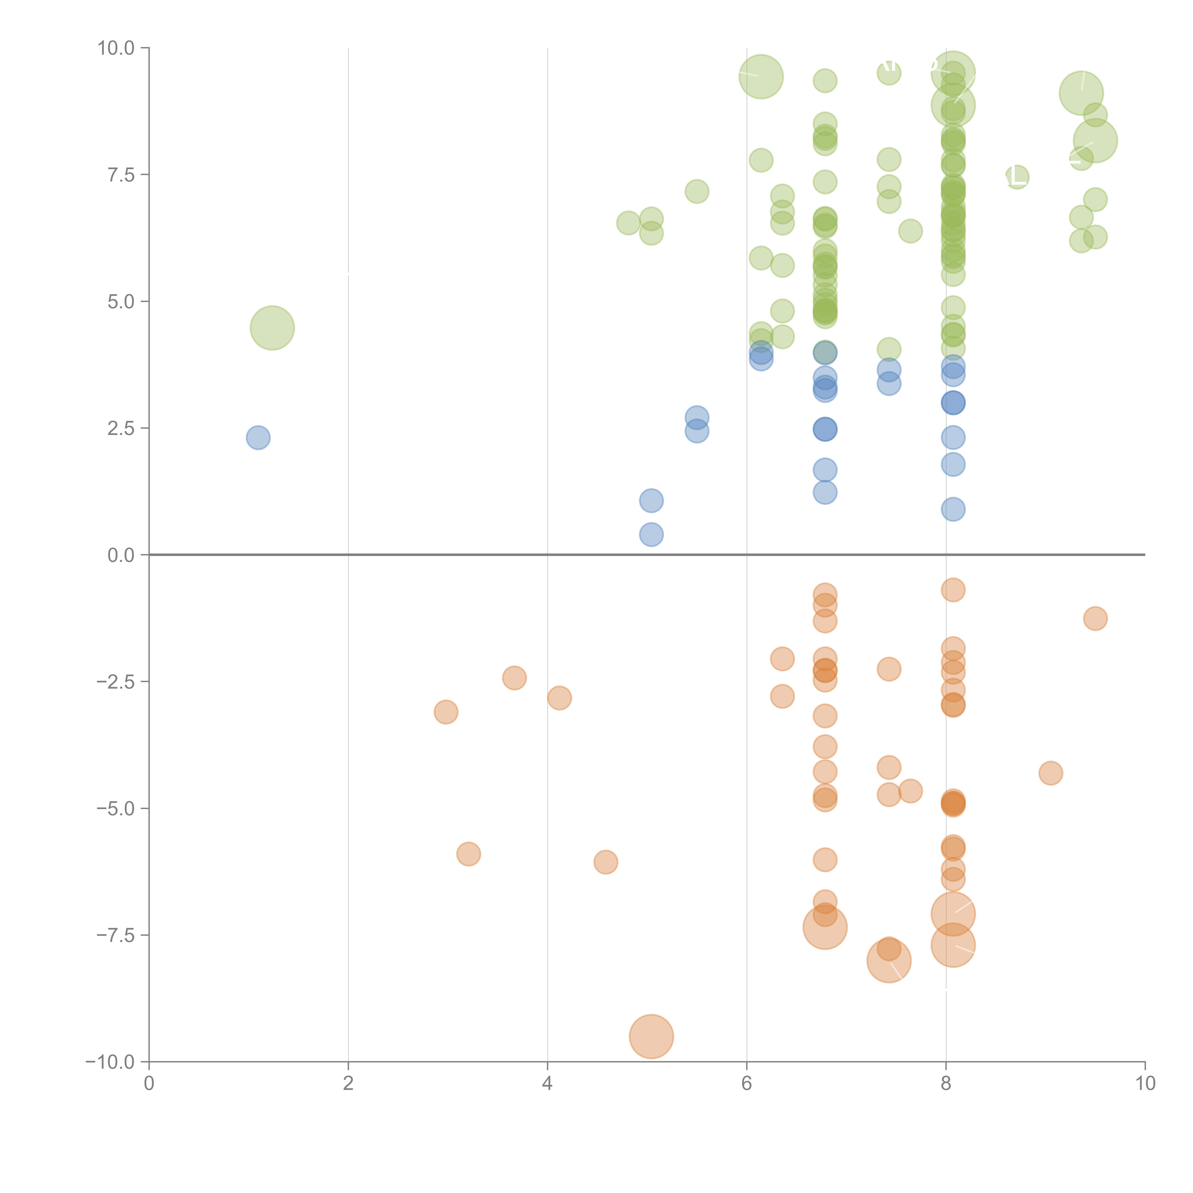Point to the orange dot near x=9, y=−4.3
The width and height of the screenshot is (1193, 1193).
pyautogui.click(x=1050, y=773)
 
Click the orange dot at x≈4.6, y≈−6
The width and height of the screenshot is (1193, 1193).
pyautogui.click(x=606, y=862)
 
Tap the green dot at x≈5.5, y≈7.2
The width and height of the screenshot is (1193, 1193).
pyautogui.click(x=696, y=191)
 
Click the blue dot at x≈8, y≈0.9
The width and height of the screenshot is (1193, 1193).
pyautogui.click(x=953, y=509)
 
